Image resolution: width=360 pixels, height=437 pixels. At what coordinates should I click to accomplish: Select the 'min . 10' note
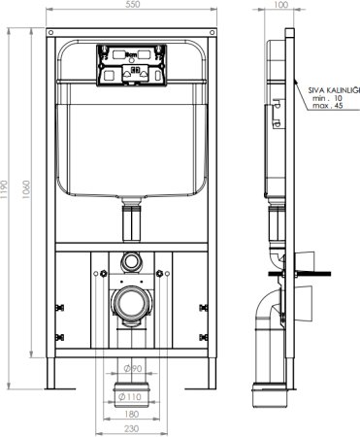330,98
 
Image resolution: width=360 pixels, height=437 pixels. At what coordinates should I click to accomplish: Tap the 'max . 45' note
330,107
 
